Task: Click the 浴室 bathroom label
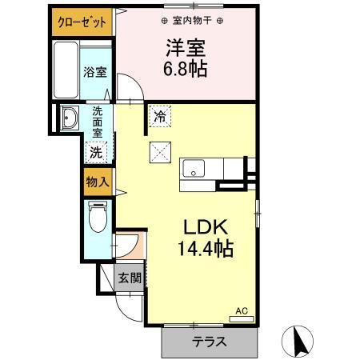pos(95,72)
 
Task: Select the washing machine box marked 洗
pos(96,151)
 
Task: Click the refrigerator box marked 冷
pos(160,117)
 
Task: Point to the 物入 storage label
pos(97,182)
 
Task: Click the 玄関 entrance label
pos(130,279)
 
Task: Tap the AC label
pos(240,311)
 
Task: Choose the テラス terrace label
pos(207,342)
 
